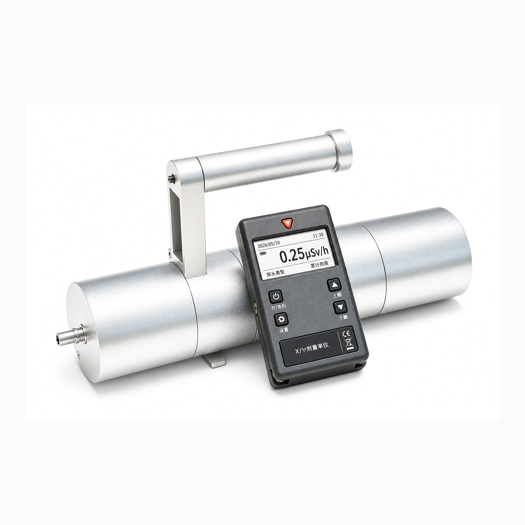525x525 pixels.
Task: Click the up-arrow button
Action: (334, 285)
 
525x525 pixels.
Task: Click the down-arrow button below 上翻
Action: (340, 307)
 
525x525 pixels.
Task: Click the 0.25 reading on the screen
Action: (292, 256)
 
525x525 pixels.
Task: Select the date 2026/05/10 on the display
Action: (269, 243)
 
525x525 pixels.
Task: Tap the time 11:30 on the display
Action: (318, 235)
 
